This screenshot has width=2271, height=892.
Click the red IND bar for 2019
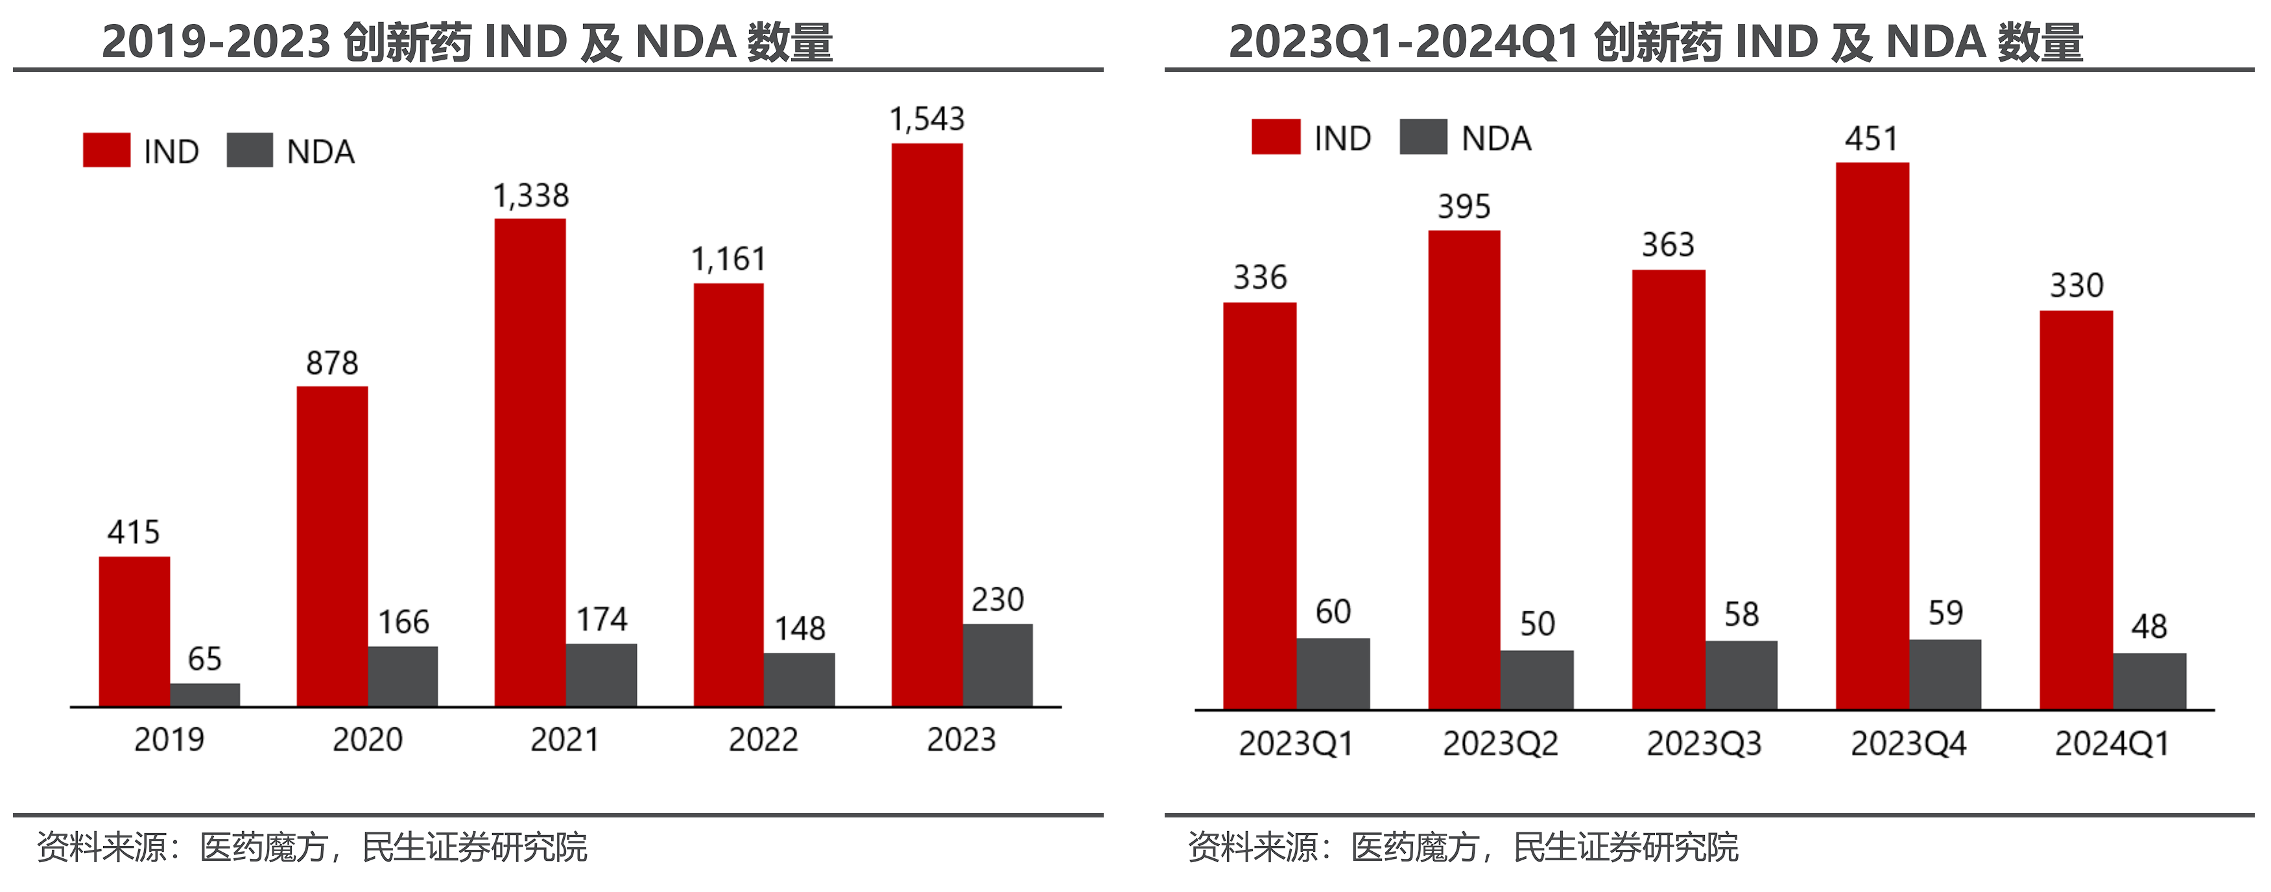(x=134, y=631)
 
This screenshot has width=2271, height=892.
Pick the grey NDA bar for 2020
(x=403, y=676)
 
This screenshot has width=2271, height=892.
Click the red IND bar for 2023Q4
(x=1873, y=436)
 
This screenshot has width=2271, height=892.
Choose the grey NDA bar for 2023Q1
(x=1333, y=674)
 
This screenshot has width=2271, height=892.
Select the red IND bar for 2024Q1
(x=2076, y=510)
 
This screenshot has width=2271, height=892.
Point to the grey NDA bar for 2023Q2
(x=1537, y=679)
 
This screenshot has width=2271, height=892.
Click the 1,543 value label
(x=927, y=119)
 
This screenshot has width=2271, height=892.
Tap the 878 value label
(x=333, y=363)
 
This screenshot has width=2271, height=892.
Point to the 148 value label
(x=800, y=628)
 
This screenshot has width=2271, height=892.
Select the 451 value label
(x=1872, y=139)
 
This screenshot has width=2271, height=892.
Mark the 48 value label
(x=2149, y=627)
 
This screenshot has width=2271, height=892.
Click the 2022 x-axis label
(x=763, y=740)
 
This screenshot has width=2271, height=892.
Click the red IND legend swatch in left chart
(x=106, y=150)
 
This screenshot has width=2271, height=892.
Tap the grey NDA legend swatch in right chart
(x=1423, y=137)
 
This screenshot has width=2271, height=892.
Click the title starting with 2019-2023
(x=468, y=41)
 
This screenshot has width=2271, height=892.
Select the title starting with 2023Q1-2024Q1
(x=1656, y=41)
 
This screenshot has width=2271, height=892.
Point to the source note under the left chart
(x=312, y=847)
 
